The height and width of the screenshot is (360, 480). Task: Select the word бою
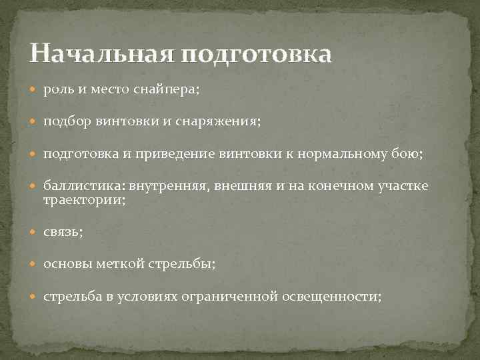coord(408,155)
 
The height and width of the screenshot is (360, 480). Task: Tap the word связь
coord(62,231)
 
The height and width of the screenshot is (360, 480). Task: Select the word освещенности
coord(339,297)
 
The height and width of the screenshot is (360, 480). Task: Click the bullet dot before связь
coord(35,231)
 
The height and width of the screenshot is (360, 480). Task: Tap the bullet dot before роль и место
coord(35,90)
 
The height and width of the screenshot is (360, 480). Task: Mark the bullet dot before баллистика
coord(35,187)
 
